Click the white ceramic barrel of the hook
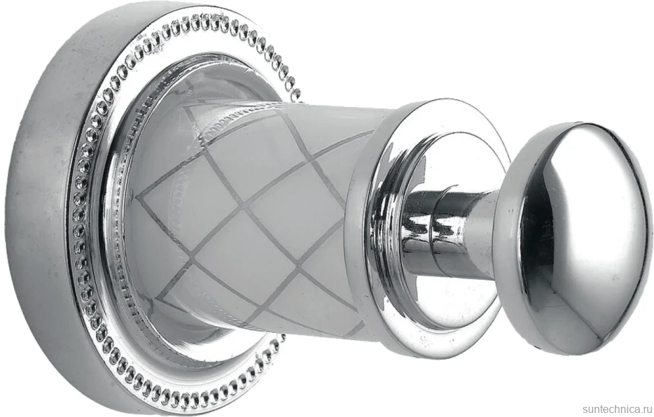click(267, 217)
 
